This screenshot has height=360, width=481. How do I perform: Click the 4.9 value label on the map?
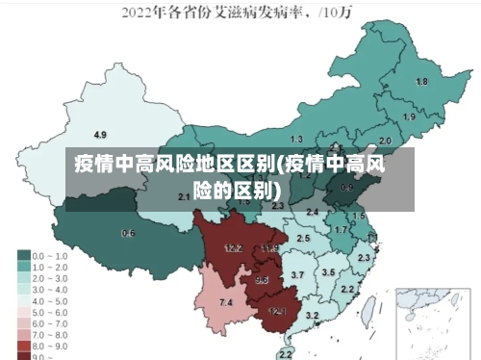[x=100, y=134]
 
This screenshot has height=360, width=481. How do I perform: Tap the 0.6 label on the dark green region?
[x=128, y=233]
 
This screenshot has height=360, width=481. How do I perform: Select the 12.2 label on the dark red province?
[x=234, y=248]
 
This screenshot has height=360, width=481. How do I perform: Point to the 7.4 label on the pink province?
[x=226, y=303]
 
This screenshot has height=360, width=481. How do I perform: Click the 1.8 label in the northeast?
[x=421, y=82]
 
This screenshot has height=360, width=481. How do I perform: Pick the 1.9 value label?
[x=409, y=116]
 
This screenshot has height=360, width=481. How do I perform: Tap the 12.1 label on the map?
[x=277, y=311]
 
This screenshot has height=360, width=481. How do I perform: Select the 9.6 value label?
[x=262, y=279]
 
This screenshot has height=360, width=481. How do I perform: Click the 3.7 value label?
[x=297, y=275]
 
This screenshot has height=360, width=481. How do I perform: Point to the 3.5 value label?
[x=328, y=272]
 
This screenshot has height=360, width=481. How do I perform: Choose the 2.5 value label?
[x=303, y=237]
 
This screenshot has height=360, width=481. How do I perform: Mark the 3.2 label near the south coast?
[x=312, y=316]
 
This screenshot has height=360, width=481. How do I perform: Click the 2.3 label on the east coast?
[x=364, y=258]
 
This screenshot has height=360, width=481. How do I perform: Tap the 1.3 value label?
[x=296, y=140]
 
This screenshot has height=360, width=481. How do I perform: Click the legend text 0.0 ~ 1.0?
[x=50, y=256]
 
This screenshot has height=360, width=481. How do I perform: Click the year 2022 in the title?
[x=140, y=13]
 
